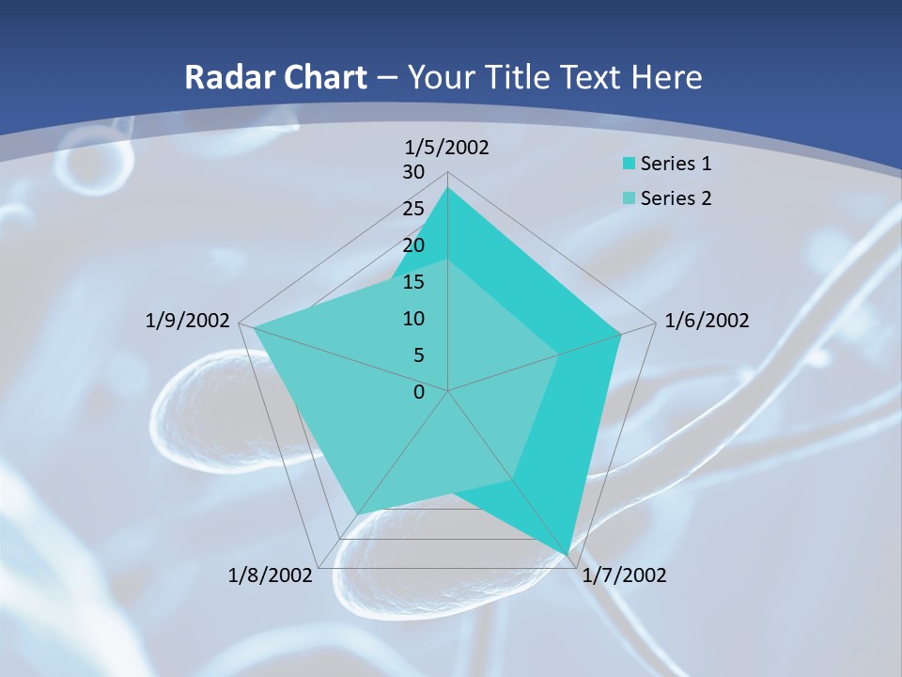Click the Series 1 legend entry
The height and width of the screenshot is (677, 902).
click(676, 164)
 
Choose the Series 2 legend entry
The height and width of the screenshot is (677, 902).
click(676, 198)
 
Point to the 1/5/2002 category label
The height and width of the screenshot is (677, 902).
click(447, 147)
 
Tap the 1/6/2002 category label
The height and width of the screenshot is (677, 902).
click(707, 321)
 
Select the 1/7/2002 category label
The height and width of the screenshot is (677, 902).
click(624, 575)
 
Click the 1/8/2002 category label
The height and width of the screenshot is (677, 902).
click(270, 575)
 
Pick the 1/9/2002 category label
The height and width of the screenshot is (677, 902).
click(188, 321)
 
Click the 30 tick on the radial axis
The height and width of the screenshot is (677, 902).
click(413, 172)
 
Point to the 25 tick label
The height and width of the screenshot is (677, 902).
click(413, 209)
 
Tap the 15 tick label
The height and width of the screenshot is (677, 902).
click(413, 282)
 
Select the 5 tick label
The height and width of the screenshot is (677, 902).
click(419, 355)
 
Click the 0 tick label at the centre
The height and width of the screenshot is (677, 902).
click(419, 392)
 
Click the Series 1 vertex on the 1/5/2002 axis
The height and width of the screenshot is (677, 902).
click(447, 188)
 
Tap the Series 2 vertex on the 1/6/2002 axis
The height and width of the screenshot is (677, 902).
click(559, 354)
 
